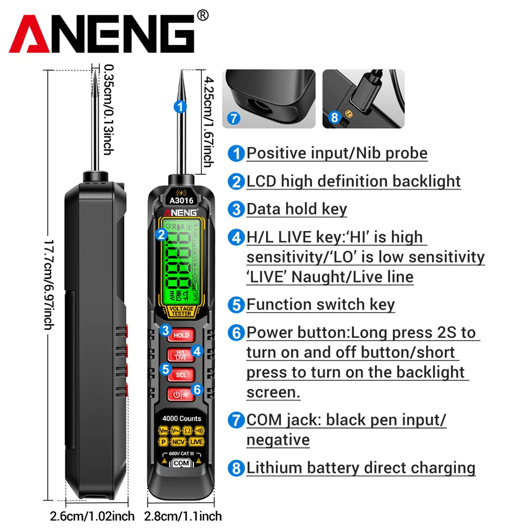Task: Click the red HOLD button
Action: tap(181, 335)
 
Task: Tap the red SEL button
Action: tap(181, 374)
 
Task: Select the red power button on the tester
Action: tap(181, 394)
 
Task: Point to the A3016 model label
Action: tap(182, 200)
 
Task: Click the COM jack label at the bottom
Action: tap(181, 463)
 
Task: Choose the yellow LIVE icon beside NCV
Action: tap(197, 441)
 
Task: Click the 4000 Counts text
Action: tap(182, 418)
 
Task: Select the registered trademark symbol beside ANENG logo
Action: tap(202, 16)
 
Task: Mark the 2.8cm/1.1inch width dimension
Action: tap(183, 516)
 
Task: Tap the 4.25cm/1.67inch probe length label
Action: tap(209, 121)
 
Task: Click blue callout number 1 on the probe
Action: tap(181, 107)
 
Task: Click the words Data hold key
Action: tap(296, 209)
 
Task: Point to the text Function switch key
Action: tap(320, 305)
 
